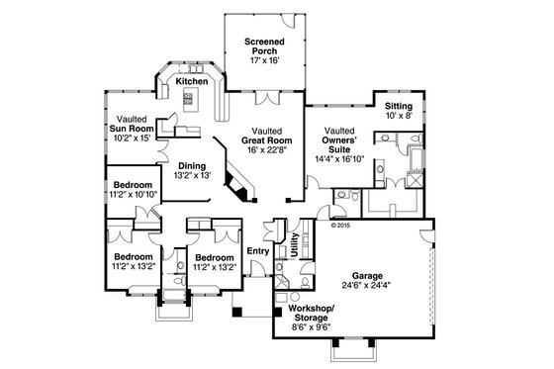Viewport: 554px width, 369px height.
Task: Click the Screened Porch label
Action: pos(264,46)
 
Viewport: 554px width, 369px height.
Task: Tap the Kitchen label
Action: pos(192,81)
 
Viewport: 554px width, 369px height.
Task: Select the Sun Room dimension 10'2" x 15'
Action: pos(131,138)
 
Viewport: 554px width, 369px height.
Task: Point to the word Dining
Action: pos(192,167)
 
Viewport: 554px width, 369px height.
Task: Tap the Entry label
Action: pos(257,250)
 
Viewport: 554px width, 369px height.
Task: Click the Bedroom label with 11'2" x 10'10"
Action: pos(132,185)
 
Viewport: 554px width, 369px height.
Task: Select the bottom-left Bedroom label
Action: pos(132,256)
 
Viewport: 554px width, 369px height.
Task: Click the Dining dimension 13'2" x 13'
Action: pos(192,177)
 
